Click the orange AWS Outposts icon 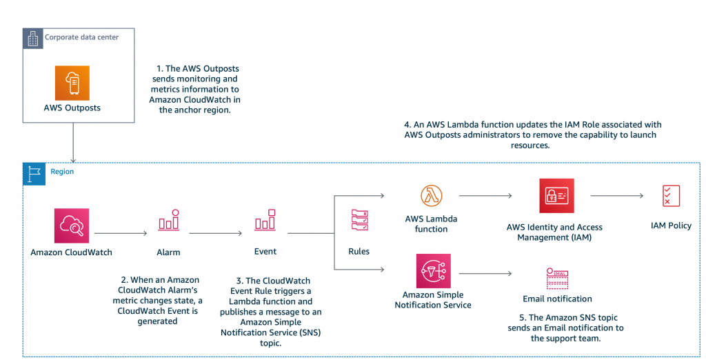72,83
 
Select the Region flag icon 33,173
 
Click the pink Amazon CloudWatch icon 72,226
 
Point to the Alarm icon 168,221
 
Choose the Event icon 265,221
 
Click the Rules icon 359,221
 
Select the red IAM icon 556,196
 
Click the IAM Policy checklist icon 670,196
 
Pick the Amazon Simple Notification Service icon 434,270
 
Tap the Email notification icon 556,279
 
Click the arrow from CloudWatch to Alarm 121,234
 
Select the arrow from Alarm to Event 216,234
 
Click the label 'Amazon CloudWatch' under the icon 72,252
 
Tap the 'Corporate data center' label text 81,37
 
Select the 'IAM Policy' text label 670,226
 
